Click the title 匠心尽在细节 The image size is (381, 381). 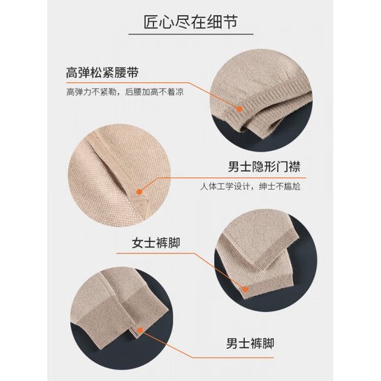(190, 22)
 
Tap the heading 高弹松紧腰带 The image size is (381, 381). (103, 73)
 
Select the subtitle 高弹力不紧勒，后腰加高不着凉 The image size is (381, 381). (125, 92)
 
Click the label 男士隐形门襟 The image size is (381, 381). (264, 166)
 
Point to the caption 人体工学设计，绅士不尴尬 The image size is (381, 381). (251, 186)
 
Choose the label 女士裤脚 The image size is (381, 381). (156, 243)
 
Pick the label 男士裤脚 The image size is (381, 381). (250, 343)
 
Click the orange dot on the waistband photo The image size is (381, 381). (240, 109)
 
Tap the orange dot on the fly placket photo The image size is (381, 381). (139, 192)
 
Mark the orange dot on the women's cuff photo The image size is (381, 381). (245, 289)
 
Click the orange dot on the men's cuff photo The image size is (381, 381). (140, 330)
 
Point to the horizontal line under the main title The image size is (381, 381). (191, 34)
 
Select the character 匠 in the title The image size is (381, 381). (151, 22)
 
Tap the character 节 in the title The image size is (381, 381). (230, 22)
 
